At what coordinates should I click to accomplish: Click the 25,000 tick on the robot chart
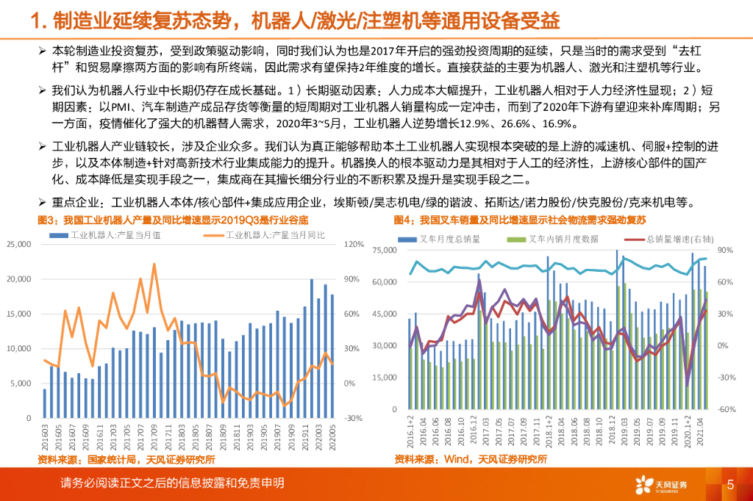point(20,244)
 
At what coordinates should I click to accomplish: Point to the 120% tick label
point(354,244)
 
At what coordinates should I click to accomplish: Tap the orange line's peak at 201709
point(154,264)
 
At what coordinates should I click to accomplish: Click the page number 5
point(730,484)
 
